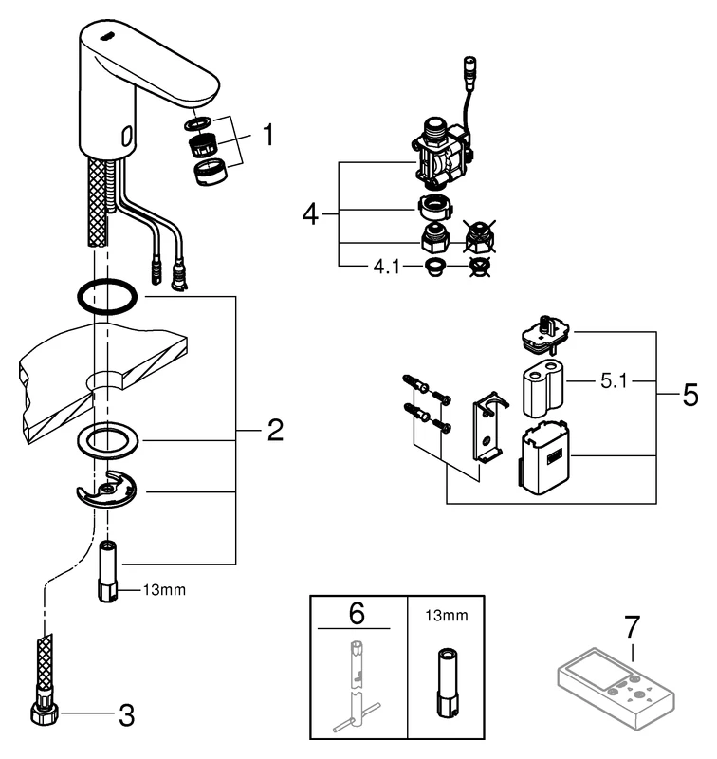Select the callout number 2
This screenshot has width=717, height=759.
coord(274,433)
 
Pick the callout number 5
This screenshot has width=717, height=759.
coord(689,393)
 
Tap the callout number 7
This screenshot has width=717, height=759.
coord(632,628)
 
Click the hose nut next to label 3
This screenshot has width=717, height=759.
coord(46,711)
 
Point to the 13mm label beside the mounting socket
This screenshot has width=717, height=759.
coord(163,589)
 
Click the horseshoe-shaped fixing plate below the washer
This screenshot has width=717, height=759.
coord(106,490)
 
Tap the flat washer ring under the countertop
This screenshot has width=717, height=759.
coord(110,440)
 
